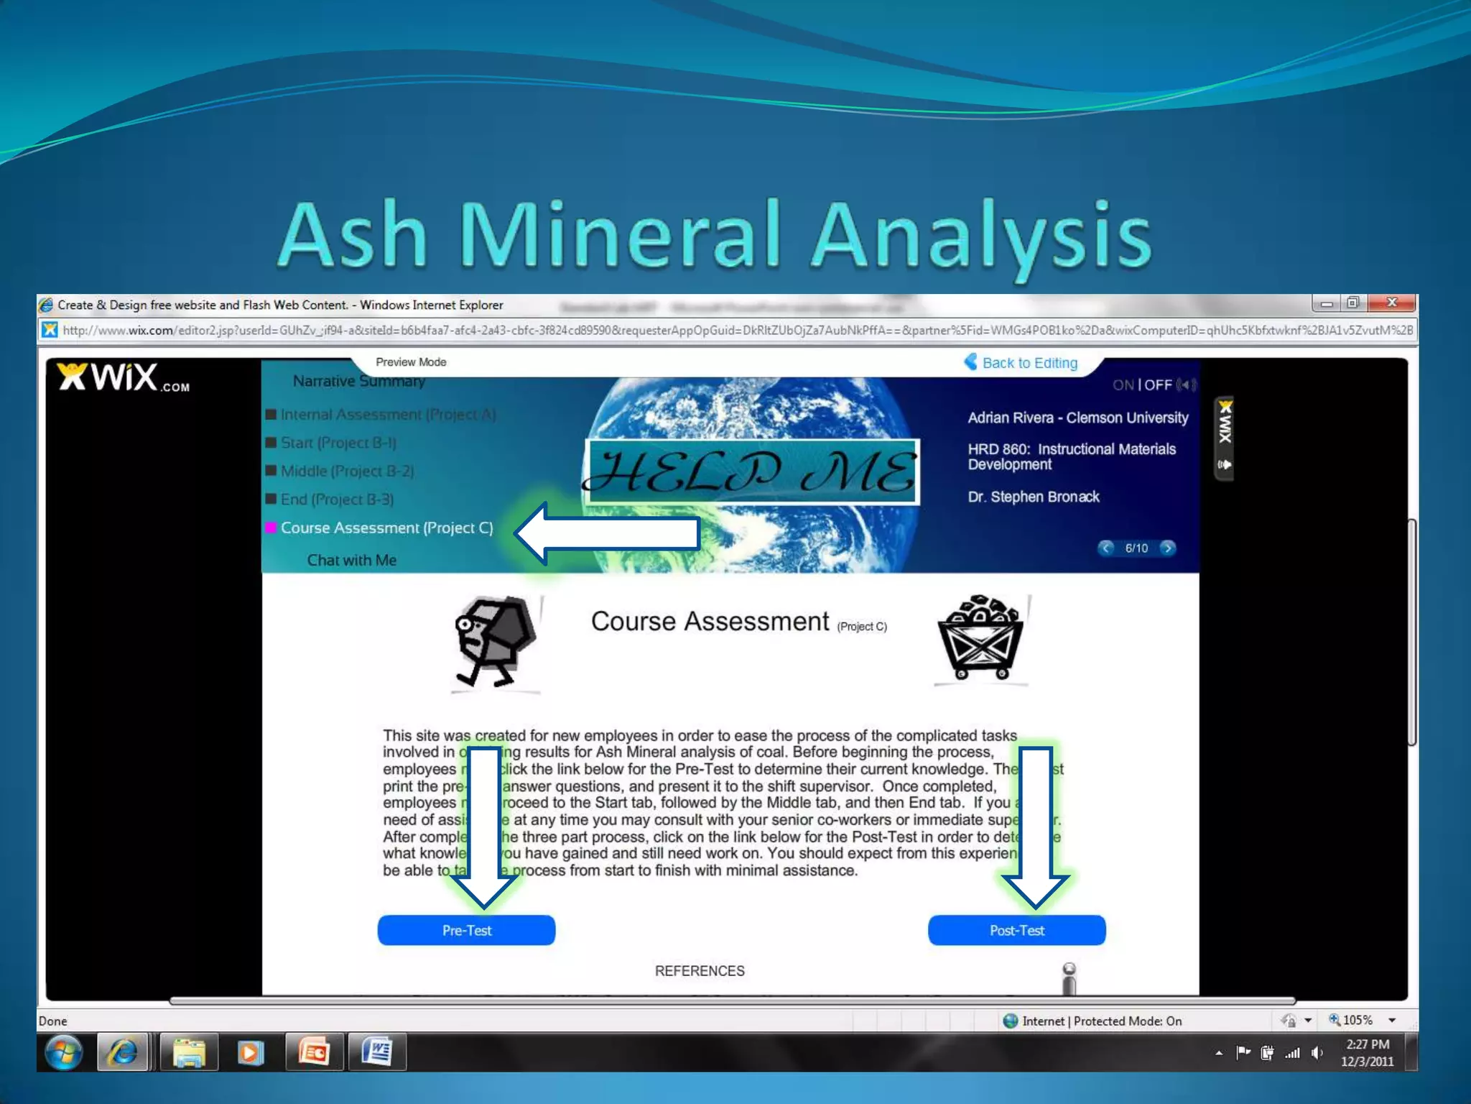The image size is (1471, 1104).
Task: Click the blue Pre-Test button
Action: pyautogui.click(x=466, y=930)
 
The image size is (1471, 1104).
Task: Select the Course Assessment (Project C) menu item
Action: pyautogui.click(x=386, y=528)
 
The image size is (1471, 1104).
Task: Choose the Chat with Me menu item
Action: pyautogui.click(x=351, y=560)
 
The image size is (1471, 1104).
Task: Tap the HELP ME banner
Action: pyautogui.click(x=751, y=471)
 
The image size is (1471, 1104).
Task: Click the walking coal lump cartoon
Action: pyautogui.click(x=495, y=642)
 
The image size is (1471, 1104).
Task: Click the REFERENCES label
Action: pyautogui.click(x=700, y=971)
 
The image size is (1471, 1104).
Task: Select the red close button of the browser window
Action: pyautogui.click(x=1392, y=303)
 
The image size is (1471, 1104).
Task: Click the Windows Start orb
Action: pyautogui.click(x=63, y=1053)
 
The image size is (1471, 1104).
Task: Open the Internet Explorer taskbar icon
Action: pyautogui.click(x=123, y=1053)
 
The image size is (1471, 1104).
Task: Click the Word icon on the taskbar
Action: pyautogui.click(x=377, y=1053)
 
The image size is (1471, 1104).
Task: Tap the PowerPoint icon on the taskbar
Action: pyautogui.click(x=314, y=1053)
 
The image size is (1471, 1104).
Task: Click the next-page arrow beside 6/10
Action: pyautogui.click(x=1168, y=548)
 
